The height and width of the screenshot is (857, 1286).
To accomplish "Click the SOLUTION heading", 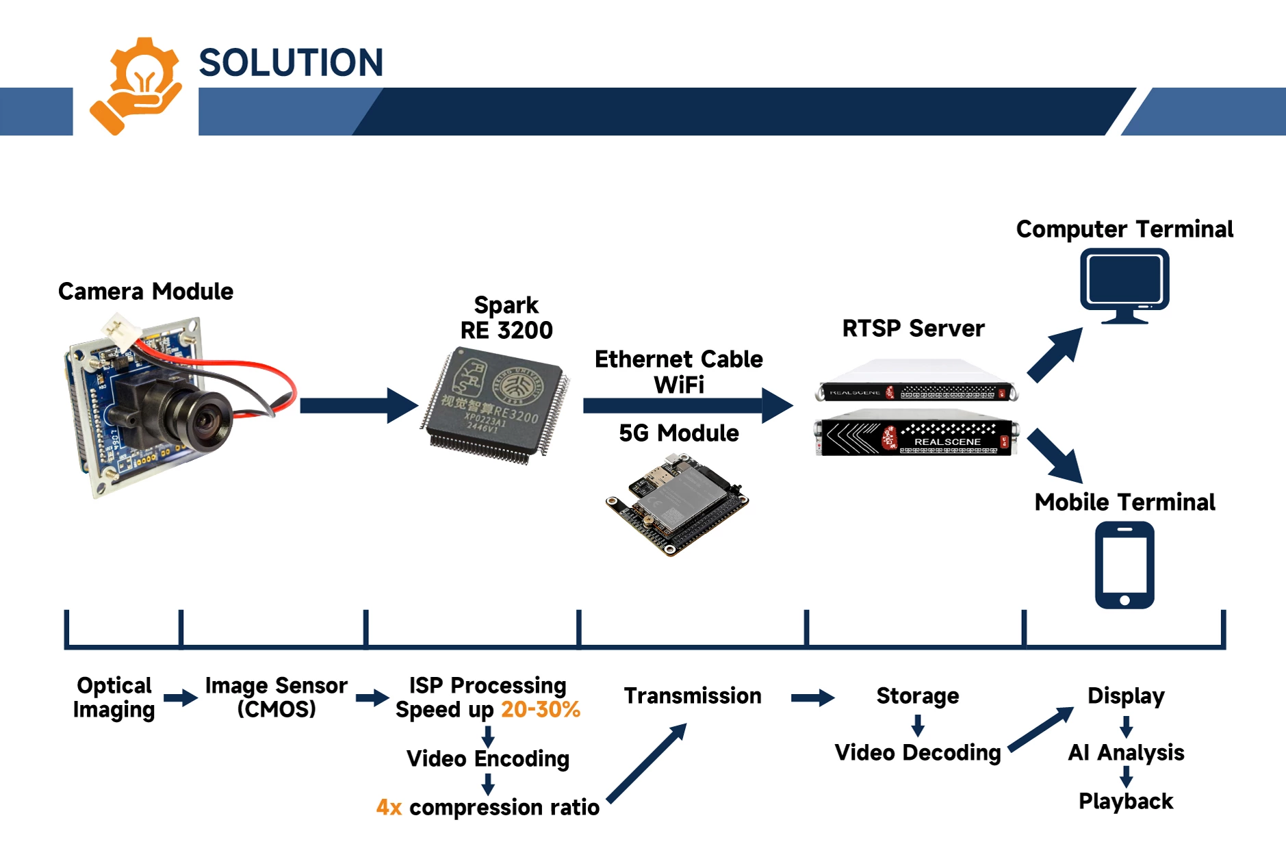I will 291,62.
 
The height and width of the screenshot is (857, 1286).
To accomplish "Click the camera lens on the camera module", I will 206,417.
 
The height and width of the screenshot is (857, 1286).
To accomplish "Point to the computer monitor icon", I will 1124,285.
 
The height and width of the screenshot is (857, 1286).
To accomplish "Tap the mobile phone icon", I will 1124,565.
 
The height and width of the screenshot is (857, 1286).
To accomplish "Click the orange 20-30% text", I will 541,710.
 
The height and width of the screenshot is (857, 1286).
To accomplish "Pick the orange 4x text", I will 389,808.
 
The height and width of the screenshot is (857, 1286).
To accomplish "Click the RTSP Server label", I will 913,329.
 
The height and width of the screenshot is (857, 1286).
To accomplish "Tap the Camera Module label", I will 146,292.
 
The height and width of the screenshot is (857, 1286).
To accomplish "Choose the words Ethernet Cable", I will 678,359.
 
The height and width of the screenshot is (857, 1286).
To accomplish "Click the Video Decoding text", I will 917,753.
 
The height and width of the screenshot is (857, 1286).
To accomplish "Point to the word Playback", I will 1126,802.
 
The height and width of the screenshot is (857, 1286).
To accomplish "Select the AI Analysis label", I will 1126,753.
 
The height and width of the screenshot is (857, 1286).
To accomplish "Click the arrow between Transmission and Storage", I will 812,698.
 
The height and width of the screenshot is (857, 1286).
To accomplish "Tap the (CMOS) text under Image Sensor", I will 277,709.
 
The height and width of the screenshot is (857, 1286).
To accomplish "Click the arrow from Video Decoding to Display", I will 1040,729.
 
